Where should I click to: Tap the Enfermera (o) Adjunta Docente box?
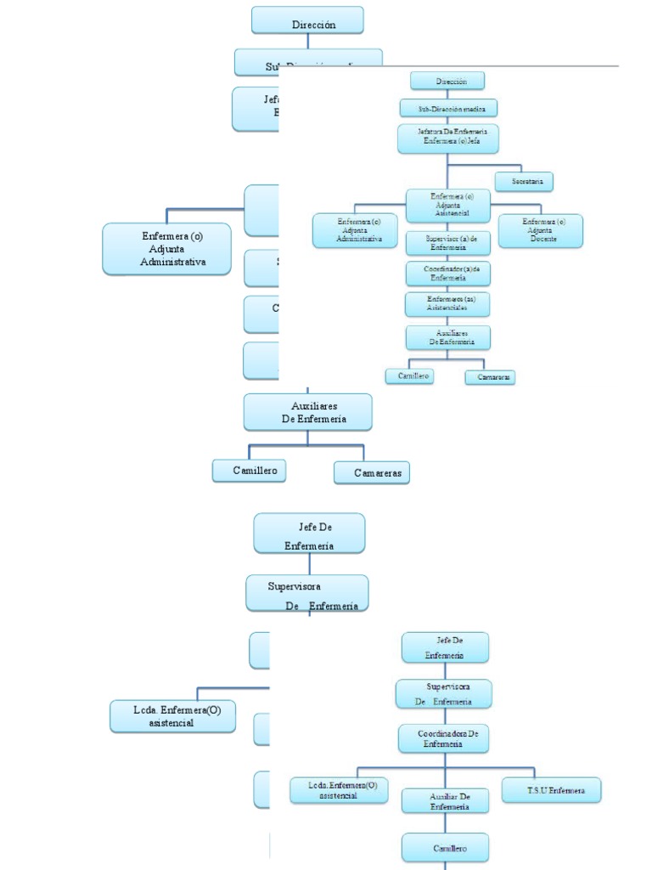pyautogui.click(x=540, y=230)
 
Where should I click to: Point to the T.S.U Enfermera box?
pyautogui.click(x=551, y=790)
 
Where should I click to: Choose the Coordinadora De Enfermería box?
pyautogui.click(x=444, y=737)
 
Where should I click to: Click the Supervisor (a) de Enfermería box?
pyautogui.click(x=447, y=242)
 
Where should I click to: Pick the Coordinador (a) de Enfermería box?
pyautogui.click(x=447, y=273)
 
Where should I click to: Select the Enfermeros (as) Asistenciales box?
pyautogui.click(x=447, y=303)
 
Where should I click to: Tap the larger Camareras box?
pyautogui.click(x=371, y=472)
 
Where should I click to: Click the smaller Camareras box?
pyautogui.click(x=491, y=376)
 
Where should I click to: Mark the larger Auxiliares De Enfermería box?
pyautogui.click(x=307, y=412)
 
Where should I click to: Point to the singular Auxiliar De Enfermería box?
pyautogui.click(x=446, y=801)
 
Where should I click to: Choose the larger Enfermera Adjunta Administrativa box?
pyautogui.click(x=166, y=249)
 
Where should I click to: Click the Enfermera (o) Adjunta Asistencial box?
pyautogui.click(x=447, y=206)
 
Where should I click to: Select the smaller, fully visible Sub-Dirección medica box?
pyautogui.click(x=447, y=109)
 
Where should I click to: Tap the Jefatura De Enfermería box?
pyautogui.click(x=447, y=138)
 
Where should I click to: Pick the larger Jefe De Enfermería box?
pyautogui.click(x=309, y=534)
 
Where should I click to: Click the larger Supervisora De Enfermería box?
pyautogui.click(x=307, y=592)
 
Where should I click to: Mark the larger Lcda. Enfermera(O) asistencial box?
pyautogui.click(x=172, y=716)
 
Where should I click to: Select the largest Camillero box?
pyautogui.click(x=249, y=470)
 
